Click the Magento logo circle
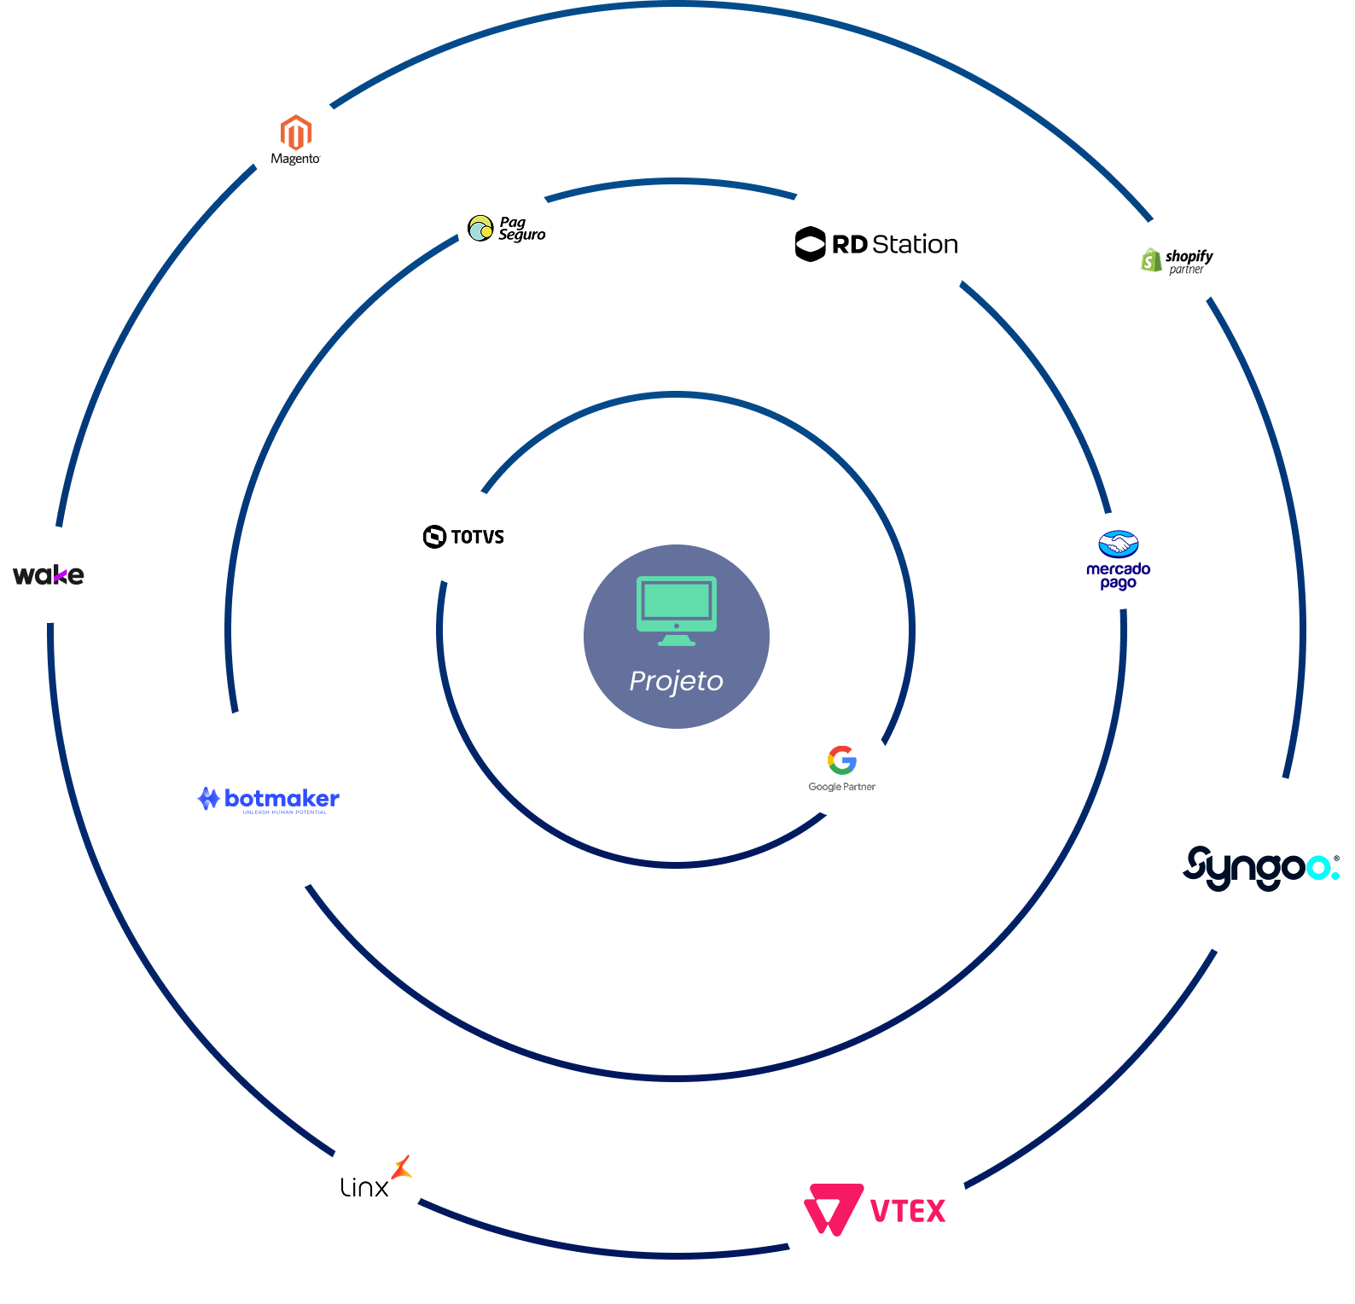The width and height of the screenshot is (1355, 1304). click(296, 140)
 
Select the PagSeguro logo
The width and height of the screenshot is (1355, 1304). click(506, 228)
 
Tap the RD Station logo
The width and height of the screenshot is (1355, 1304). click(876, 244)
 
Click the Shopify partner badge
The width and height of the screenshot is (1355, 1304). click(1177, 261)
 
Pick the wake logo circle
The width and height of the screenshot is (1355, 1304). click(49, 574)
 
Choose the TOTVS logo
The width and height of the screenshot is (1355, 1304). click(463, 537)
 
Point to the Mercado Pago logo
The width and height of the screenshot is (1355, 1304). click(1119, 561)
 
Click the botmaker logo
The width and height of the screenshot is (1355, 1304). click(268, 800)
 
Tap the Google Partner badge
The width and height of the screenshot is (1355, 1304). click(842, 769)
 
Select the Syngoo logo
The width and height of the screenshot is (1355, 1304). click(1260, 869)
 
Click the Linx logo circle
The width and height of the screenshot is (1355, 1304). click(377, 1176)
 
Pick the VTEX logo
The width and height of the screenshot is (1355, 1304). click(875, 1210)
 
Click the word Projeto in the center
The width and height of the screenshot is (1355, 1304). click(676, 681)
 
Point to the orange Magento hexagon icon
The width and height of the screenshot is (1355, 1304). click(296, 132)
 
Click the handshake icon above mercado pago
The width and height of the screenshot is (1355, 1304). click(1118, 544)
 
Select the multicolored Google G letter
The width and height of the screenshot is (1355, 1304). click(842, 760)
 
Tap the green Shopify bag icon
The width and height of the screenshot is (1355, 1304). click(1152, 259)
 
